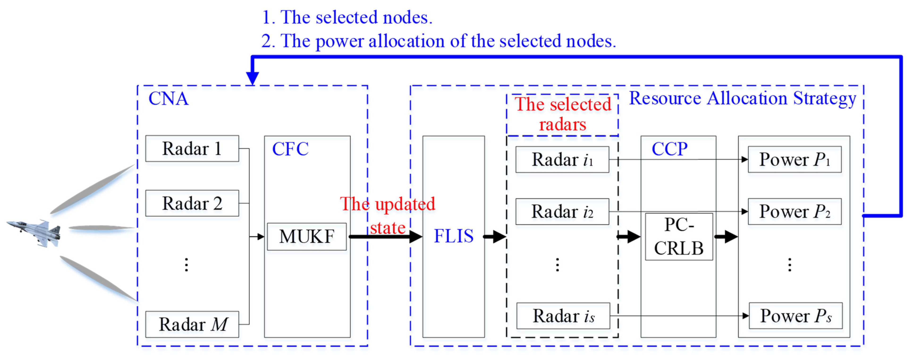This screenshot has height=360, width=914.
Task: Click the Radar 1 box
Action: [192, 148]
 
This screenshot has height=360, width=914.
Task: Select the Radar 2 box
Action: [192, 203]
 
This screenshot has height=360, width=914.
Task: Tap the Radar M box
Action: [192, 324]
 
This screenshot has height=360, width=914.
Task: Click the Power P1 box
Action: [794, 159]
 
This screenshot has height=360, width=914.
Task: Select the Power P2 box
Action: [794, 211]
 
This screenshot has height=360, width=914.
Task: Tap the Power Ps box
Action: [795, 316]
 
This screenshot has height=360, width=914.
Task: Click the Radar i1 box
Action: [562, 159]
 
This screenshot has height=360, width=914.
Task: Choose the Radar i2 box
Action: [562, 211]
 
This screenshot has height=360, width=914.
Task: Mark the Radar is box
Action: [563, 316]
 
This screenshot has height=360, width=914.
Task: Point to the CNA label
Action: [168, 99]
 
